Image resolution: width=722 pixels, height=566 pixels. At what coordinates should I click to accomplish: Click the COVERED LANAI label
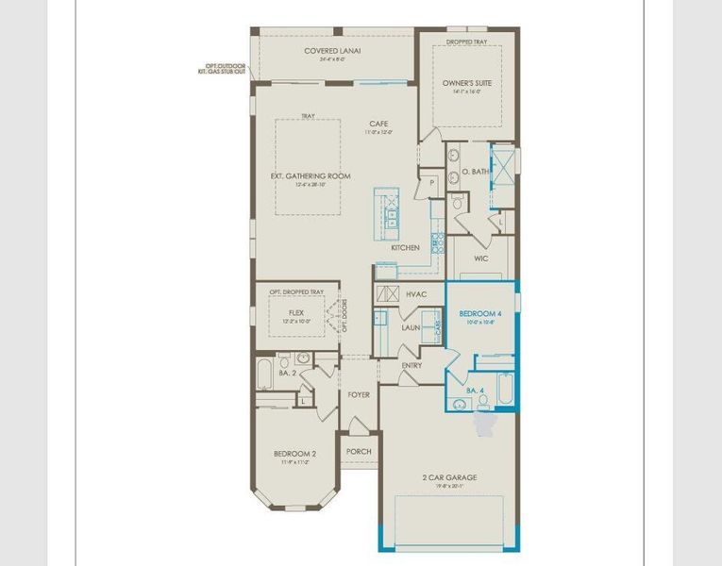[333, 51]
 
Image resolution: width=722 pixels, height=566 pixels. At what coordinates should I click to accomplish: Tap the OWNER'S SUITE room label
[467, 83]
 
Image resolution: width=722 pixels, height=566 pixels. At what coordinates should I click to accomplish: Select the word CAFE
[378, 124]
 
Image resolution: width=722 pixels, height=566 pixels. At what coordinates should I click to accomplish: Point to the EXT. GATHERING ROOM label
[311, 176]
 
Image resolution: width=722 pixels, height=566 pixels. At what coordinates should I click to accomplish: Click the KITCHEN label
[405, 248]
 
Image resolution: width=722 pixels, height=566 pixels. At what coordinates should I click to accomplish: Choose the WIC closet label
[480, 258]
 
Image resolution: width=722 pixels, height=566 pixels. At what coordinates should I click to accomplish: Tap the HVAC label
[416, 294]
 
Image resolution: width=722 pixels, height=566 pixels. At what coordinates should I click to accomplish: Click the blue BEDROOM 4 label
[480, 313]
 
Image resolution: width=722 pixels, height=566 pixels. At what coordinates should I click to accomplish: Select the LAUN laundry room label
[411, 327]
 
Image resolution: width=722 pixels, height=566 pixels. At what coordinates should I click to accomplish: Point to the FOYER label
[358, 395]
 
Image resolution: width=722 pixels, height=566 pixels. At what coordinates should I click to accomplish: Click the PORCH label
[359, 452]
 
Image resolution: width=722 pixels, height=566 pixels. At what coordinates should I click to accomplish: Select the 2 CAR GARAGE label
[449, 477]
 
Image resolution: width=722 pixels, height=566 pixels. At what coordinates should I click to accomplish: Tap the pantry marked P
[431, 182]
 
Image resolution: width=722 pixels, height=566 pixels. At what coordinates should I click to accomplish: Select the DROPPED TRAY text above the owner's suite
[466, 42]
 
